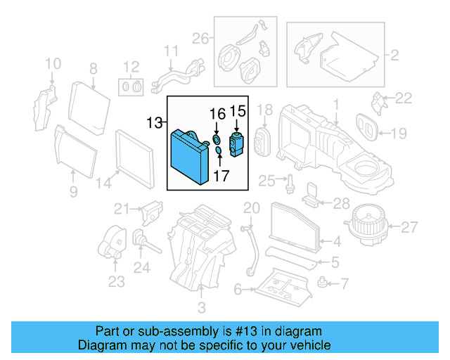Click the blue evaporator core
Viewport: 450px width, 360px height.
pos(188,157)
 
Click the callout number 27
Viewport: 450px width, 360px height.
pos(410,227)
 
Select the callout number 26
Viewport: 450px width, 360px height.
pos(200,38)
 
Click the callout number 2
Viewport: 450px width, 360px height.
pos(394,53)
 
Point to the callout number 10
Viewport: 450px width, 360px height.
pos(53,65)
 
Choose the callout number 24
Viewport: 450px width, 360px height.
pos(142,268)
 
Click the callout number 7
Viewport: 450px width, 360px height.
pos(344,285)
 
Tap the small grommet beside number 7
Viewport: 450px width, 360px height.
pos(323,283)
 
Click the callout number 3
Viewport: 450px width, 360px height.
pos(202,307)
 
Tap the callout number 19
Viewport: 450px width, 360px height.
pos(399,132)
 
